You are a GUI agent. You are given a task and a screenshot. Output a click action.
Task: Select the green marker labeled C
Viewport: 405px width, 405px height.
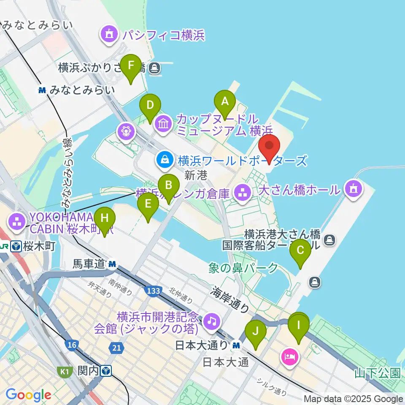click(300, 250)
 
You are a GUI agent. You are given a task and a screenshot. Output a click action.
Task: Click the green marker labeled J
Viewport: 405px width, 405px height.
click(256, 332)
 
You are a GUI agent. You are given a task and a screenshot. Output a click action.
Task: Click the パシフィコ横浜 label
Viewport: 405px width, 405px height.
click(164, 35)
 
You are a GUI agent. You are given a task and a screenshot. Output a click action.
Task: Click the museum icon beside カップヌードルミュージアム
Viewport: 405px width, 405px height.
click(162, 124)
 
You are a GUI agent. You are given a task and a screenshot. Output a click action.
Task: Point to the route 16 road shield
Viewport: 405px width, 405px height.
click(71, 346)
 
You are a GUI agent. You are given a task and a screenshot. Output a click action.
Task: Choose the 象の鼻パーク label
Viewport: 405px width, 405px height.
click(243, 268)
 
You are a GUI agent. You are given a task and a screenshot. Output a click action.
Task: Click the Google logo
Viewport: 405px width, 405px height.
click(28, 394)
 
